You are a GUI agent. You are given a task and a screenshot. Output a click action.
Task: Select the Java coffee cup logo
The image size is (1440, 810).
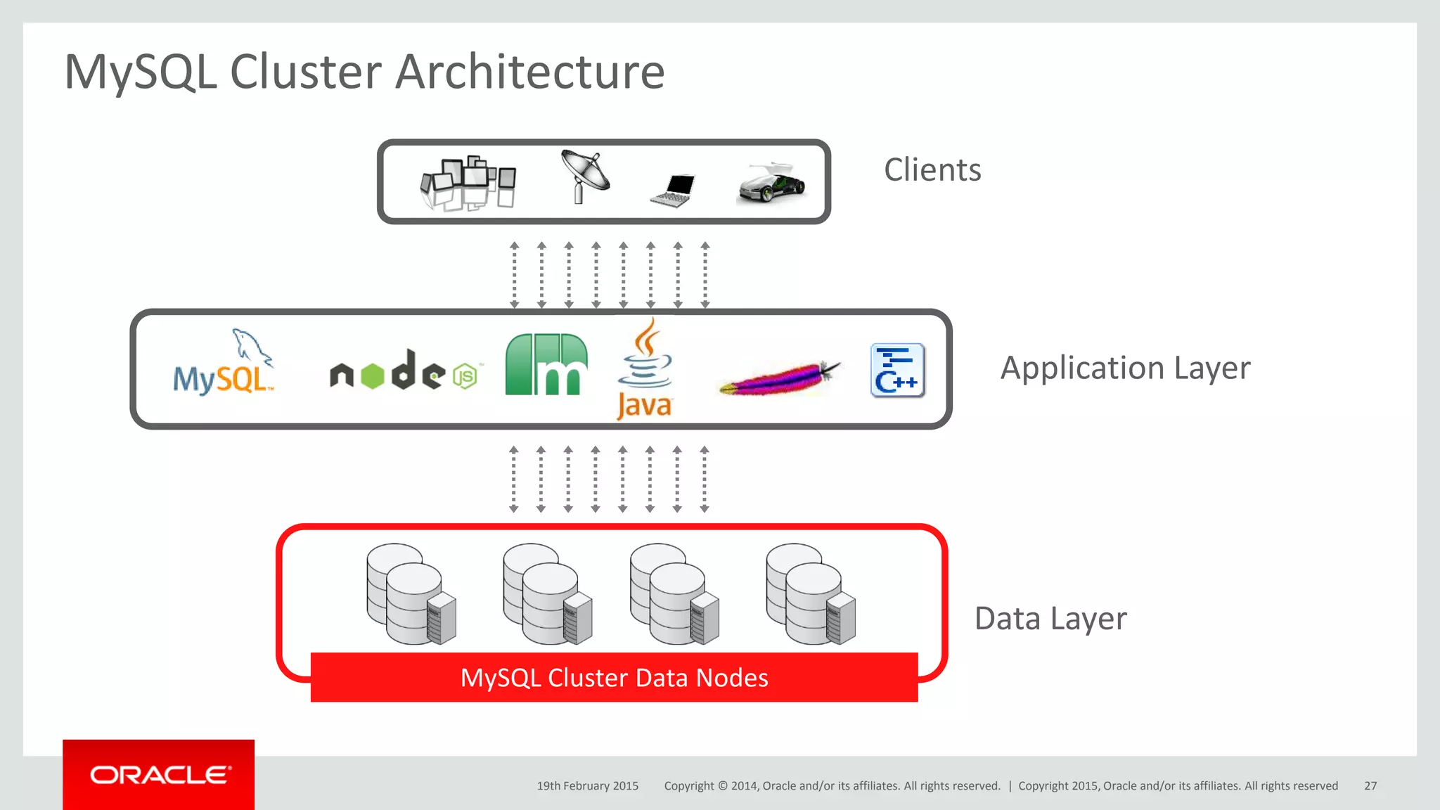click(x=644, y=369)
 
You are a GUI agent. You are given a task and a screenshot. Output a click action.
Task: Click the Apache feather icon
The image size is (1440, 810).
click(x=779, y=378)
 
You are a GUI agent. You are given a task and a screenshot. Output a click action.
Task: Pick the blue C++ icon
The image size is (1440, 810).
click(x=897, y=371)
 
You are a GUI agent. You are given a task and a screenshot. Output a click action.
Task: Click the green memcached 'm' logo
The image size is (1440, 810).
click(x=546, y=365)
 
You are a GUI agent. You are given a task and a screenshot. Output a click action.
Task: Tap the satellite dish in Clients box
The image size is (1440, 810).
click(x=585, y=176)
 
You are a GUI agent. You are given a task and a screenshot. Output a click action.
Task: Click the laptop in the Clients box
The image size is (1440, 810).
click(x=674, y=191)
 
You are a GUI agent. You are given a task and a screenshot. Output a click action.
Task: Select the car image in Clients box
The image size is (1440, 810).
click(x=772, y=184)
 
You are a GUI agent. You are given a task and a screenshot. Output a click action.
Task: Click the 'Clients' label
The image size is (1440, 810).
click(x=932, y=170)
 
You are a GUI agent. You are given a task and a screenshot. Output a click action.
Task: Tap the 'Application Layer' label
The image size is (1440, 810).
click(x=1125, y=368)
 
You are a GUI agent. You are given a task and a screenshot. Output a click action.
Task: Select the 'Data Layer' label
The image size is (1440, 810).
click(x=1050, y=619)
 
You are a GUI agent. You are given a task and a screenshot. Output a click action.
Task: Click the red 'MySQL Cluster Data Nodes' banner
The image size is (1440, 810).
click(x=614, y=678)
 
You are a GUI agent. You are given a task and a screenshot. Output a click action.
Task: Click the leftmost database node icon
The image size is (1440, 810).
click(x=411, y=594)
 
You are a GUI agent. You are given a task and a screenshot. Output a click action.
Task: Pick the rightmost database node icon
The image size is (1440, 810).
click(x=811, y=594)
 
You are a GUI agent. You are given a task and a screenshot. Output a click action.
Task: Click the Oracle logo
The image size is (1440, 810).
click(x=160, y=775)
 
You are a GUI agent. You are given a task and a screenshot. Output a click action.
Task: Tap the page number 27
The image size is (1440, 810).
click(x=1370, y=786)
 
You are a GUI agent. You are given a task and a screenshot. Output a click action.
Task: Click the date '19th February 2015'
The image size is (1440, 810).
click(x=587, y=786)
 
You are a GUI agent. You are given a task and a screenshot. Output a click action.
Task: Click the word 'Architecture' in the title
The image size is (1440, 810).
click(x=529, y=72)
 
